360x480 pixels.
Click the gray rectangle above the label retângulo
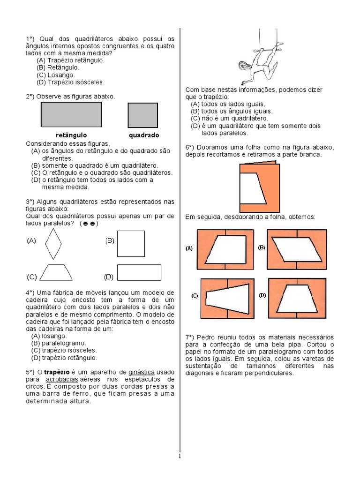tap(71, 115)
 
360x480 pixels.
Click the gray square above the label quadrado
tap(142, 115)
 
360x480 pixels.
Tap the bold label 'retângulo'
tap(71, 135)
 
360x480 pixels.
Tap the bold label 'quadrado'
tap(143, 135)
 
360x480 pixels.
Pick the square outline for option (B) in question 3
tap(131, 243)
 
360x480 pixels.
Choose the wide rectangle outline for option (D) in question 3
tap(139, 272)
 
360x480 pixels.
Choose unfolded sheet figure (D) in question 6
tap(297, 298)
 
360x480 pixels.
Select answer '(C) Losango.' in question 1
tap(55, 75)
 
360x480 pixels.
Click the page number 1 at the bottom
tap(180, 456)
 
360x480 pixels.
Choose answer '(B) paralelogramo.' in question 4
tap(59, 343)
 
